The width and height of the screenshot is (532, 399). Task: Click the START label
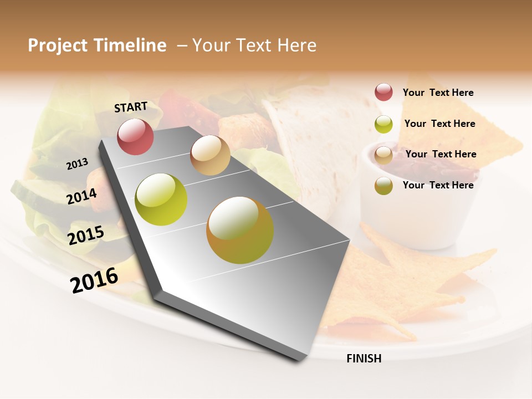click(131, 107)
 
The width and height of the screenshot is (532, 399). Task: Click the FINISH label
click(364, 359)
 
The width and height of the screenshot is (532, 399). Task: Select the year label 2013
click(78, 163)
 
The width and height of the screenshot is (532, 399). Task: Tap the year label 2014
click(82, 196)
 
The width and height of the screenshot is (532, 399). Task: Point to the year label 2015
click(86, 236)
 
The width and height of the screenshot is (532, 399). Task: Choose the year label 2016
click(94, 279)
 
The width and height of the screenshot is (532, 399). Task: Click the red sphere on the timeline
click(135, 137)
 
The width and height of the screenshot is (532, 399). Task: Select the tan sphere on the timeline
click(210, 155)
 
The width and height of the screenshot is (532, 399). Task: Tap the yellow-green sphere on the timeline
click(161, 199)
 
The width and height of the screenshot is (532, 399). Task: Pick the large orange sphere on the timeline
click(240, 229)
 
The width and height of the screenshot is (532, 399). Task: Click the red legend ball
click(383, 93)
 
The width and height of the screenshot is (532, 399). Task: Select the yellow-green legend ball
click(383, 124)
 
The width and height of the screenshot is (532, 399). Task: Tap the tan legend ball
click(383, 155)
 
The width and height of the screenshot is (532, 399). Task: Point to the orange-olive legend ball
click(383, 186)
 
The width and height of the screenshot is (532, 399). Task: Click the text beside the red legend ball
click(438, 93)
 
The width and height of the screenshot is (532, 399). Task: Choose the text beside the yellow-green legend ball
click(439, 124)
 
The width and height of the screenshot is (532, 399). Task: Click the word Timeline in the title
click(130, 45)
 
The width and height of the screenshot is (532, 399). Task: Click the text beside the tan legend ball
click(441, 154)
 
